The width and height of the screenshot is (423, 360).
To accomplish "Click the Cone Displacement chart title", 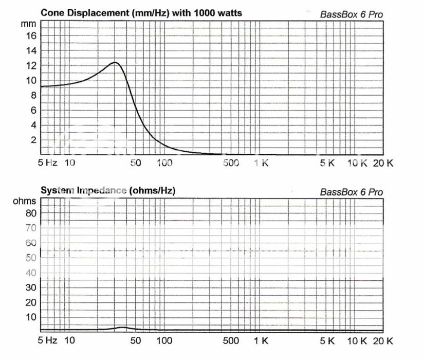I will [141, 12].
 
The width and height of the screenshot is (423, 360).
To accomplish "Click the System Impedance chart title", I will [108, 190].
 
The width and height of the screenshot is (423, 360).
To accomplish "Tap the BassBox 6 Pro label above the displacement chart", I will [352, 14].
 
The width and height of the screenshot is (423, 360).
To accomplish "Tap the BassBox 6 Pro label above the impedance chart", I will [352, 192].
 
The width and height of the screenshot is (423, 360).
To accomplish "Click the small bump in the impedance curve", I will [122, 327].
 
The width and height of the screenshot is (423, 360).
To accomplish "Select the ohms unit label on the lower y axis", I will [25, 201].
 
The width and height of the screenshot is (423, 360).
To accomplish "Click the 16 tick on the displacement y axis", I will [31, 35].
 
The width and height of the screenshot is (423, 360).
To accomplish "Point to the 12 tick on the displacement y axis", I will [31, 65].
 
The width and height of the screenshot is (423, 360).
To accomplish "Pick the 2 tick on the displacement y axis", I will [33, 140].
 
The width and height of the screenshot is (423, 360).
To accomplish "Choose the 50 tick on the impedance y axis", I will [31, 258].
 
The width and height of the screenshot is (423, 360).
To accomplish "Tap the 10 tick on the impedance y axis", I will [31, 317].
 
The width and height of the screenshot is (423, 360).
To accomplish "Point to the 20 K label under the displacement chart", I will [383, 164].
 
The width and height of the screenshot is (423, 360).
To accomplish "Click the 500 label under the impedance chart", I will [231, 340].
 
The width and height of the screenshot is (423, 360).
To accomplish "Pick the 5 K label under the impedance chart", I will [327, 340].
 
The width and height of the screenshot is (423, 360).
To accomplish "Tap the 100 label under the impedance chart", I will [164, 340].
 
